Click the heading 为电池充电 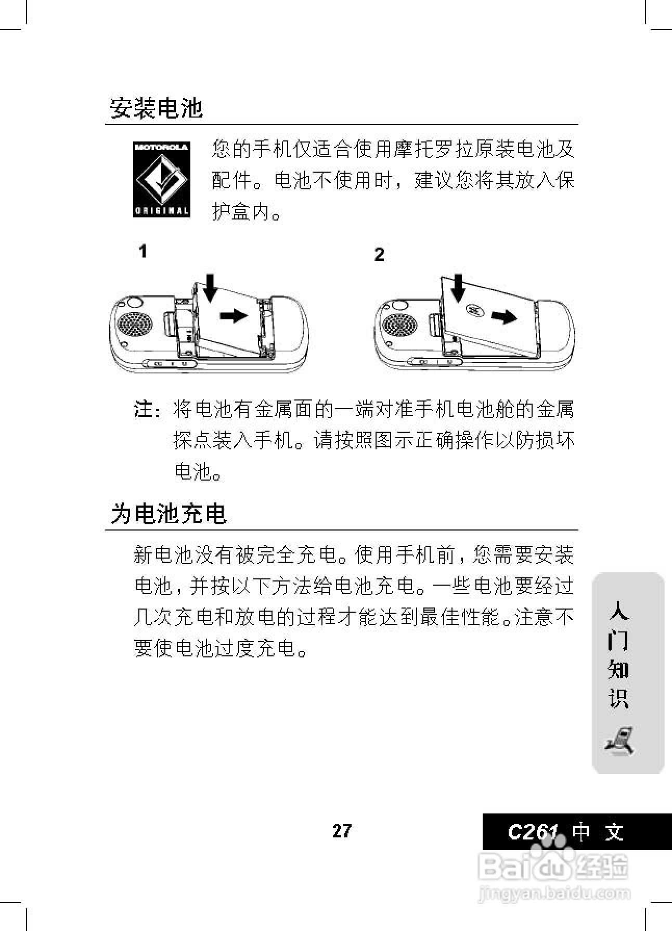(169, 514)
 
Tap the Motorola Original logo (162, 179)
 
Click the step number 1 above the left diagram (143, 252)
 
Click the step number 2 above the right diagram (379, 255)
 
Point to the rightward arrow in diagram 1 (234, 315)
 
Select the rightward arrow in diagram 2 (504, 316)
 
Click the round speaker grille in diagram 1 (136, 325)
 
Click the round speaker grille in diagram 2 (399, 325)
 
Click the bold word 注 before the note (144, 409)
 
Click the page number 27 (342, 831)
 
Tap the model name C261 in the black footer (533, 832)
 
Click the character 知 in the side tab (619, 669)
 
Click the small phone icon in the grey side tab (619, 741)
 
